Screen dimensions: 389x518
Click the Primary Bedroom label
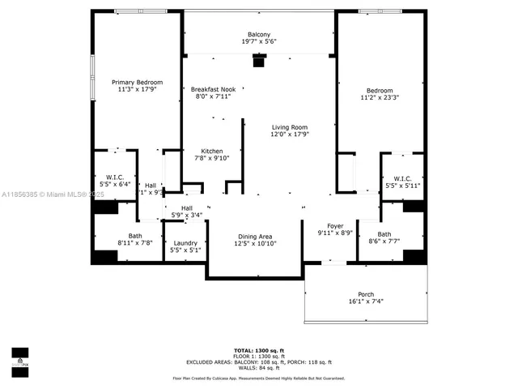point(137,83)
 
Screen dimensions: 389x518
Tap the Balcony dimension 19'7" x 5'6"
point(259,41)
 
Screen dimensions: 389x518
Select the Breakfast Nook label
point(213,89)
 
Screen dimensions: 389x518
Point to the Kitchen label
point(212,151)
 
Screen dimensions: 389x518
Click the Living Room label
point(290,126)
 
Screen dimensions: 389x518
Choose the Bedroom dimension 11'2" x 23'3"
point(379,99)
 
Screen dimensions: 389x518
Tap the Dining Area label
point(255,236)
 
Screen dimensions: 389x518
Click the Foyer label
point(335,226)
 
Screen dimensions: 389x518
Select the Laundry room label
point(185,242)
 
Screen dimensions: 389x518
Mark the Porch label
point(366,293)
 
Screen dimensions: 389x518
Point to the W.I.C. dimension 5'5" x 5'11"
point(402,186)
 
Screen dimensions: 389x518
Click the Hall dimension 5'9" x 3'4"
point(186,216)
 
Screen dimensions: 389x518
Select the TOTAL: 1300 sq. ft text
point(259,349)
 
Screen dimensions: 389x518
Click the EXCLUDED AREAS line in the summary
point(259,362)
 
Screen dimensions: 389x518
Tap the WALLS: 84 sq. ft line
point(259,369)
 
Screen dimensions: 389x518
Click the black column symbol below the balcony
point(259,59)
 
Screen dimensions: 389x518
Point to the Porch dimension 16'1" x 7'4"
point(366,301)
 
